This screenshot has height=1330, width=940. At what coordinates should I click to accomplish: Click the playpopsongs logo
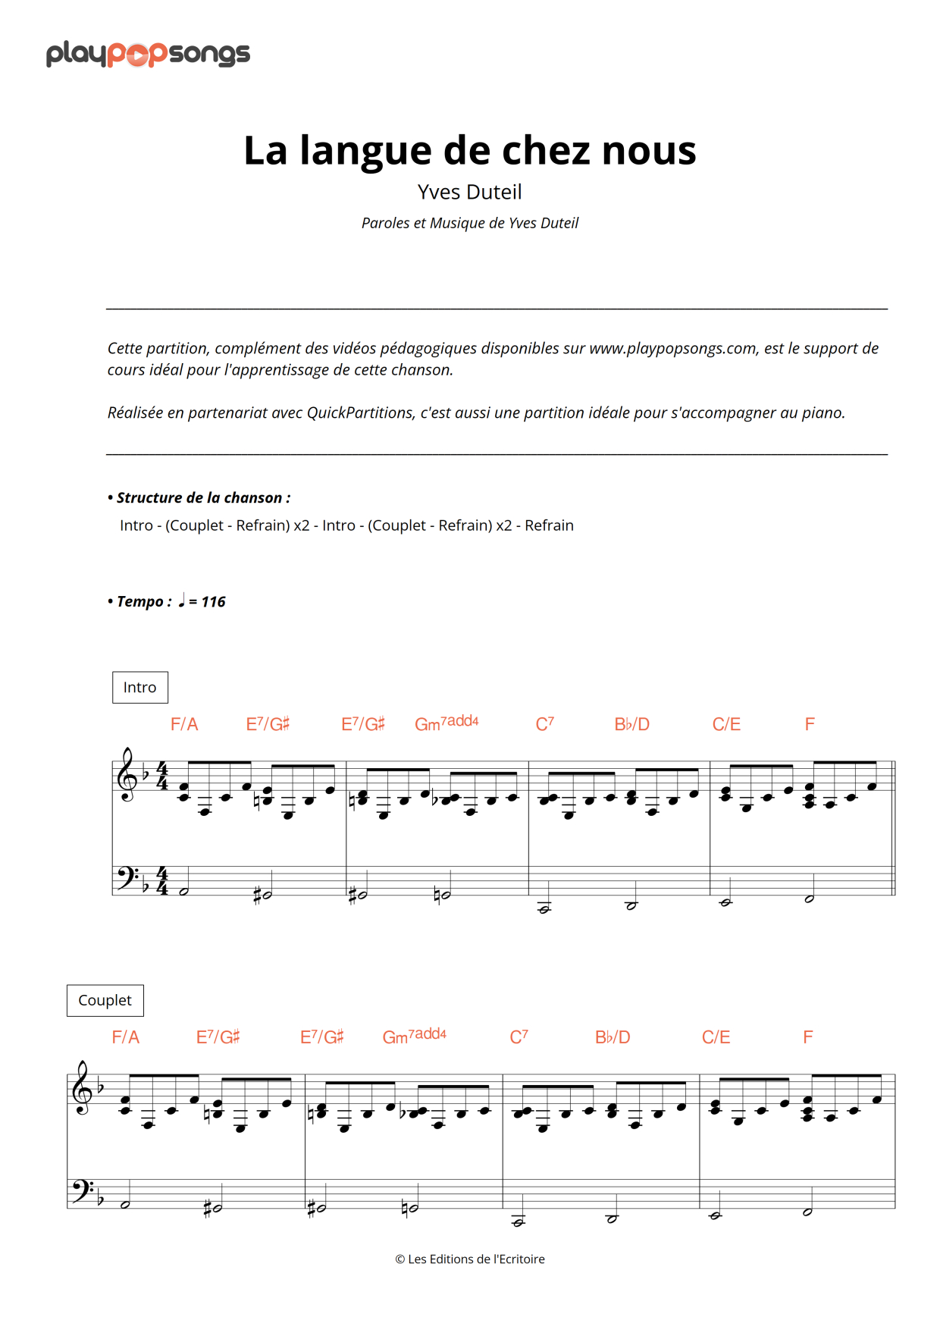pyautogui.click(x=148, y=54)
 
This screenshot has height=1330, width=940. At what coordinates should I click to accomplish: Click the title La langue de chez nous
pyautogui.click(x=469, y=150)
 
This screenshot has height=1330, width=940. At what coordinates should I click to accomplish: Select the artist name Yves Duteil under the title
pyautogui.click(x=469, y=192)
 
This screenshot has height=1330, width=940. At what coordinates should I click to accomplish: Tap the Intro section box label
pyautogui.click(x=140, y=687)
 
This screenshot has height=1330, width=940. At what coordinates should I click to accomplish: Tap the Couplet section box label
pyautogui.click(x=105, y=1000)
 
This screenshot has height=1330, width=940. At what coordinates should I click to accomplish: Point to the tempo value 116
pyautogui.click(x=213, y=602)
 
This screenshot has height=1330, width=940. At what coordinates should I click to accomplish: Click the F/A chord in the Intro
pyautogui.click(x=184, y=725)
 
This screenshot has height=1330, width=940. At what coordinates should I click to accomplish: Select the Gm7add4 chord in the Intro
pyautogui.click(x=446, y=723)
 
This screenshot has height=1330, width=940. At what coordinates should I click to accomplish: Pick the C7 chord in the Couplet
pyautogui.click(x=519, y=1037)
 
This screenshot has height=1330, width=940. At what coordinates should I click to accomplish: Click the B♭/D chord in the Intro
pyautogui.click(x=631, y=725)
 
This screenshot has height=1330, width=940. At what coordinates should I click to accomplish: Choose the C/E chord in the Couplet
pyautogui.click(x=716, y=1037)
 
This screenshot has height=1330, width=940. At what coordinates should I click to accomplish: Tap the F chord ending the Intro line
pyautogui.click(x=810, y=725)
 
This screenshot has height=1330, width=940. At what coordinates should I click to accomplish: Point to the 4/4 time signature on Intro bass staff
pyautogui.click(x=162, y=881)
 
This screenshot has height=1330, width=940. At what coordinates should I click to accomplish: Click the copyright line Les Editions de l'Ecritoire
pyautogui.click(x=470, y=1259)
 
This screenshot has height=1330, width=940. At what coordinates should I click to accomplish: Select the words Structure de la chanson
pyautogui.click(x=203, y=498)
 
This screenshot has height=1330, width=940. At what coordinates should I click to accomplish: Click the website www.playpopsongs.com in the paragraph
pyautogui.click(x=672, y=348)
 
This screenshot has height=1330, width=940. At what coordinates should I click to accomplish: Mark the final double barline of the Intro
pyautogui.click(x=894, y=828)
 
